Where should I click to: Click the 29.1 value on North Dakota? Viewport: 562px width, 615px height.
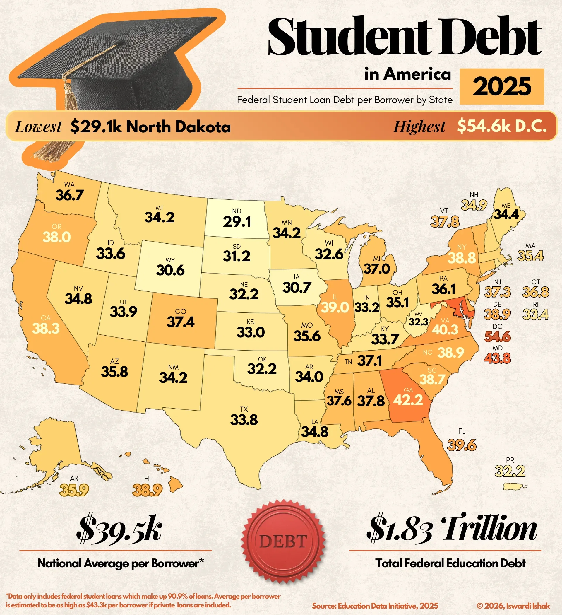(x=237, y=222)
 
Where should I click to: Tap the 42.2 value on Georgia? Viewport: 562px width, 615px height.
(x=408, y=400)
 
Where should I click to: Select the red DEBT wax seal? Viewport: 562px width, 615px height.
(x=283, y=541)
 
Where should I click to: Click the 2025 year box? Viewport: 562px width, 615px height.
(x=502, y=87)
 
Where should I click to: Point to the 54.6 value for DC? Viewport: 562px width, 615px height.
(x=497, y=337)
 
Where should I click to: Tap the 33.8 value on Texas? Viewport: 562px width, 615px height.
(x=244, y=420)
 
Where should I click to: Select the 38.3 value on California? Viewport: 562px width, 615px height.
(x=46, y=329)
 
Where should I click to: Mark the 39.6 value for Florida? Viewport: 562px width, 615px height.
(x=462, y=445)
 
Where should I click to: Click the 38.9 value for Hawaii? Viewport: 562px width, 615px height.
(x=147, y=491)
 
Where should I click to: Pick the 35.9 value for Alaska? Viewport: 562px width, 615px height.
(x=74, y=491)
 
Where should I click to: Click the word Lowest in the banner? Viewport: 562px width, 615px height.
(x=38, y=127)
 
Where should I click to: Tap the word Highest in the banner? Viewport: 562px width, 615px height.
(x=419, y=127)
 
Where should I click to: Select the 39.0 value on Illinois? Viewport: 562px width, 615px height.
(x=335, y=307)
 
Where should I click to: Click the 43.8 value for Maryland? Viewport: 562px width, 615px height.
(x=497, y=358)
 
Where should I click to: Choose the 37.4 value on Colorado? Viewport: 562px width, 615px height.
(x=181, y=322)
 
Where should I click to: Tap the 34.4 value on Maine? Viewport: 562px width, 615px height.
(x=506, y=215)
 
